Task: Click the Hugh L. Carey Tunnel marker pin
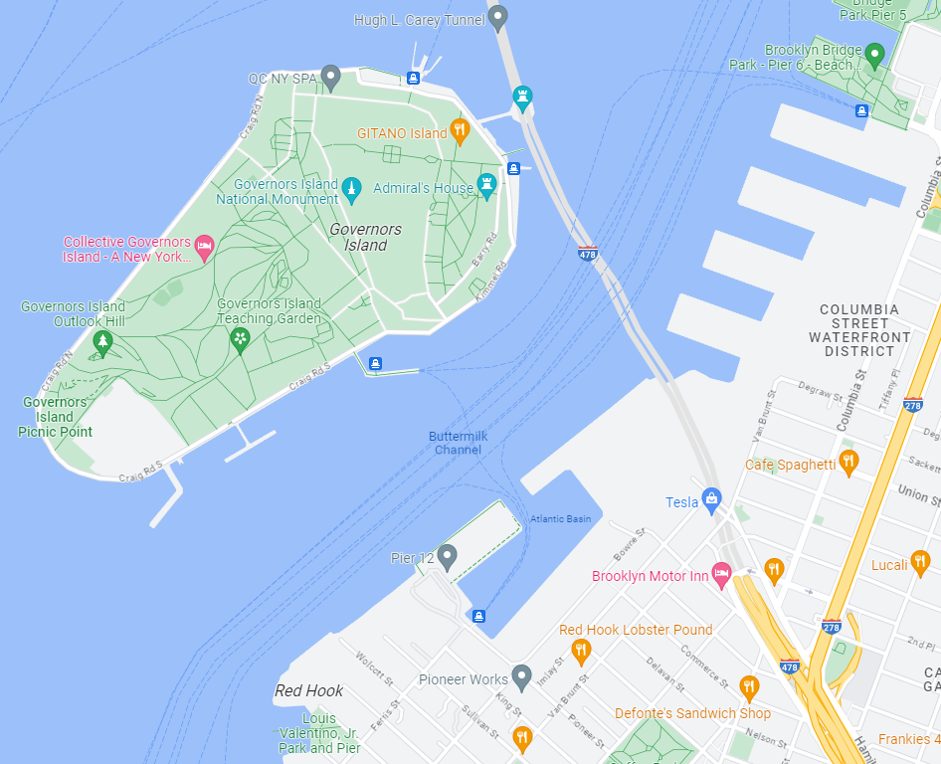coord(498,17)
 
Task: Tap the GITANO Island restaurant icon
coord(460,130)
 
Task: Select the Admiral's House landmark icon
coord(486,184)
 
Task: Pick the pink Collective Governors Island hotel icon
coord(204,246)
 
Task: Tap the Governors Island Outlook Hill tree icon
coord(101,342)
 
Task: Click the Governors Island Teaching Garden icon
coord(240,339)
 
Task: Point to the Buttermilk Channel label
coord(458,443)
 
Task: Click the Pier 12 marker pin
coord(448,556)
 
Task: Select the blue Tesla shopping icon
coord(710,499)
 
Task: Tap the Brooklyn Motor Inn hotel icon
coord(723,574)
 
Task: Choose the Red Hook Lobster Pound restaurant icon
coord(582,651)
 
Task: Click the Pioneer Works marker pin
coord(521,676)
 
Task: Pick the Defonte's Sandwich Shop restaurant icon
coord(749,686)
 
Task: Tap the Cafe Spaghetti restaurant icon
coord(847,461)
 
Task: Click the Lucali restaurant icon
coord(920,562)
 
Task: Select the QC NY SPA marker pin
coord(331,76)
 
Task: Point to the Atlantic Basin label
coord(561,519)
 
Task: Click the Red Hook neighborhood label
coord(309,690)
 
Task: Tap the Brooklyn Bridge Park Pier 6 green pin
coord(874,54)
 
